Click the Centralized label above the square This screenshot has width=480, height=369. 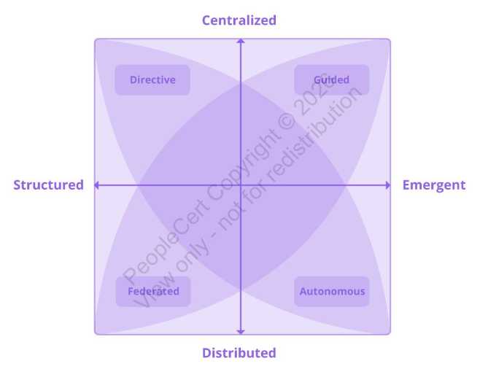[x=239, y=20]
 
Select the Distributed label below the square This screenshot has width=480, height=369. [x=239, y=353]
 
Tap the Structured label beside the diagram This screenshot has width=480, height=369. [x=48, y=185]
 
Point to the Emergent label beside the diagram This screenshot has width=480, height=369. [x=434, y=185]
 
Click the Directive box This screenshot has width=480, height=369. [x=152, y=80]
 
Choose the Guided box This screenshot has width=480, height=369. [x=331, y=80]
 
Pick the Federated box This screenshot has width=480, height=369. [x=153, y=291]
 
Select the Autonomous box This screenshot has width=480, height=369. [x=332, y=291]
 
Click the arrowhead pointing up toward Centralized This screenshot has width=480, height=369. [x=241, y=41]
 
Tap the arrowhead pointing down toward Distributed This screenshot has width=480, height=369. [x=241, y=332]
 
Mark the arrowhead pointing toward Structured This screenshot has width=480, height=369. [x=96, y=185]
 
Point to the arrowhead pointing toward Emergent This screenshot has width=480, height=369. [x=388, y=185]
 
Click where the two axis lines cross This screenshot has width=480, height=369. [x=241, y=185]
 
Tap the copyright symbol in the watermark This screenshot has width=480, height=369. [x=287, y=122]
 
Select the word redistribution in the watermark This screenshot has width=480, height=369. [x=314, y=134]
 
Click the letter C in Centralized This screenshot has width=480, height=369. [x=206, y=20]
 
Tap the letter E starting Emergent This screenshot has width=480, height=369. [x=406, y=185]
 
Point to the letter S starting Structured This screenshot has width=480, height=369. [x=18, y=185]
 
